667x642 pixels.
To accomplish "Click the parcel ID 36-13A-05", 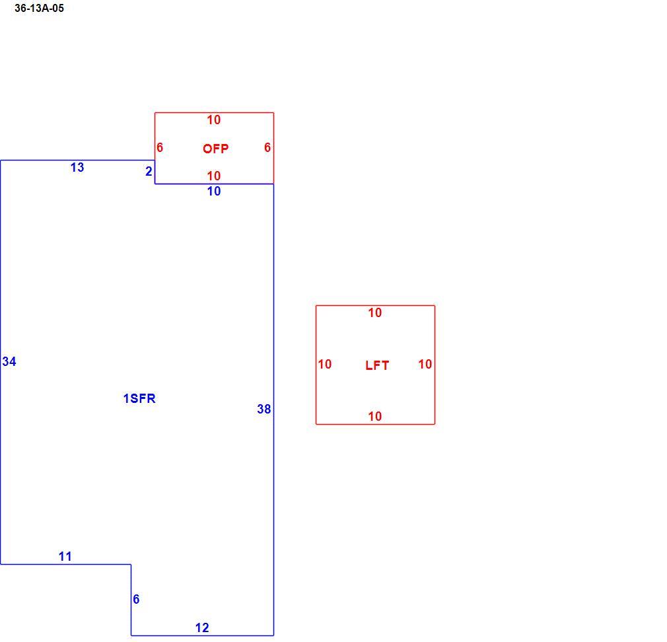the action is click(x=39, y=8).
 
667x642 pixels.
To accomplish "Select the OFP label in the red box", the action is click(x=216, y=149).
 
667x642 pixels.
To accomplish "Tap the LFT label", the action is click(x=377, y=365).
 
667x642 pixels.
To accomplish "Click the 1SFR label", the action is click(x=139, y=398).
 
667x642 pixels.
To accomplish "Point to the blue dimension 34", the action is click(x=9, y=361).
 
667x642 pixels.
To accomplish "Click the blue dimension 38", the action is click(x=263, y=409).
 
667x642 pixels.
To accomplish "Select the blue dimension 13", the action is click(x=77, y=167).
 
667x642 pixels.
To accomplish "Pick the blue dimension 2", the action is click(x=149, y=171).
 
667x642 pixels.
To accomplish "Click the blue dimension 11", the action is click(x=65, y=556).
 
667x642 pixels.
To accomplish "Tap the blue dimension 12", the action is click(x=202, y=627).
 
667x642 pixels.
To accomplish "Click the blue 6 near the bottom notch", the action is click(x=136, y=599).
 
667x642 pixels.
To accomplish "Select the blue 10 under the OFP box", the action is click(x=214, y=191).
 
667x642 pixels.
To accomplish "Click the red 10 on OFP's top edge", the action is click(x=214, y=120).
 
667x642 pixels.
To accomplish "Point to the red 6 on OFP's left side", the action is click(x=160, y=147).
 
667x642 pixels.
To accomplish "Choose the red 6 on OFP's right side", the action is click(x=267, y=147).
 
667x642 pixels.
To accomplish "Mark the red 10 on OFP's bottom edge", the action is click(x=214, y=176).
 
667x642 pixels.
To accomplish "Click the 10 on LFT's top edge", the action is click(x=374, y=312).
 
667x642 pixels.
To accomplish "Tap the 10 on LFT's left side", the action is click(x=324, y=364).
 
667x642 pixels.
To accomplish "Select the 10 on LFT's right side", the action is click(x=425, y=364).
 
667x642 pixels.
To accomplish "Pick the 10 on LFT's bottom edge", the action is click(x=374, y=416).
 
